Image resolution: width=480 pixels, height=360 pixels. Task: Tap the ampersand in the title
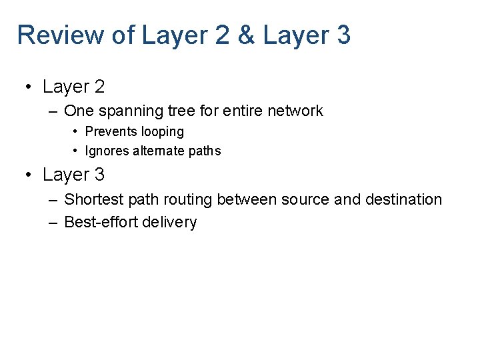[x=246, y=35]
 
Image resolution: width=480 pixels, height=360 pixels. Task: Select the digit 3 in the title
[x=343, y=35]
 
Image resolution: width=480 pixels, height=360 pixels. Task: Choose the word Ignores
[x=107, y=151]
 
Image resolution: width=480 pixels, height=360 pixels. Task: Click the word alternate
[x=159, y=151]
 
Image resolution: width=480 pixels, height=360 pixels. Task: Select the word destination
[x=403, y=199]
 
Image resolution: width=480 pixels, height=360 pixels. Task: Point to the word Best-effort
[x=97, y=223]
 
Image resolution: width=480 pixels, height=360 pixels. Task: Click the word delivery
[x=172, y=223]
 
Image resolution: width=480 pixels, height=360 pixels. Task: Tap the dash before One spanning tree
[x=53, y=111]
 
